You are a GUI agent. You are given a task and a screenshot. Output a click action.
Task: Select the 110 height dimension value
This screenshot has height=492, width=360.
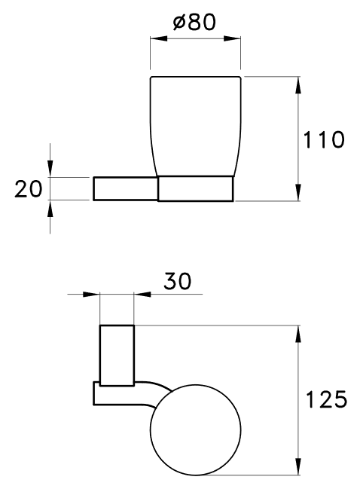click(x=323, y=139)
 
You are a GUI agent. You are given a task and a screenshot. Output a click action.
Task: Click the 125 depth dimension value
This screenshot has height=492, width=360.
click(x=325, y=398)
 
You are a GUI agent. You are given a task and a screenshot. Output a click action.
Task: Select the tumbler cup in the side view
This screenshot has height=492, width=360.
click(x=196, y=124)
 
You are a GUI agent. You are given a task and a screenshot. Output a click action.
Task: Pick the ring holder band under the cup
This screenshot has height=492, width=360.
click(x=196, y=189)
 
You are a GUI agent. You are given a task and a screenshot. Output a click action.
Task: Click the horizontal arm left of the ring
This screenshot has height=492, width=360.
click(x=125, y=188)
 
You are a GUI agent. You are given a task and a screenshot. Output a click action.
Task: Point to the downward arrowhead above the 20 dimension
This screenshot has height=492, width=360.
click(x=50, y=170)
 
